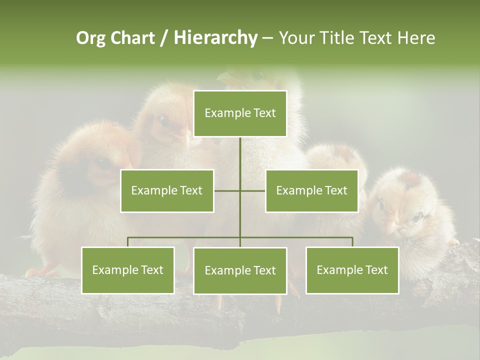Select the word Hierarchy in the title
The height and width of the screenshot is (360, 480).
(x=215, y=38)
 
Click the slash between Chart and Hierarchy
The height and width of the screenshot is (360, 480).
(x=164, y=38)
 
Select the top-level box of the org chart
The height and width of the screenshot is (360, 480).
(x=240, y=113)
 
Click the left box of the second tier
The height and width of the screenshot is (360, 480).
(x=167, y=190)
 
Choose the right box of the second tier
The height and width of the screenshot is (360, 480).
(x=311, y=190)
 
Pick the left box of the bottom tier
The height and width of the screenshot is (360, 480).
(x=127, y=270)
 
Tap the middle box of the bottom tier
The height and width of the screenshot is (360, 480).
(x=240, y=270)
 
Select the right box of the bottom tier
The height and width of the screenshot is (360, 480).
(x=352, y=270)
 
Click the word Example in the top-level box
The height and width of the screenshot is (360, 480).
(x=223, y=113)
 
